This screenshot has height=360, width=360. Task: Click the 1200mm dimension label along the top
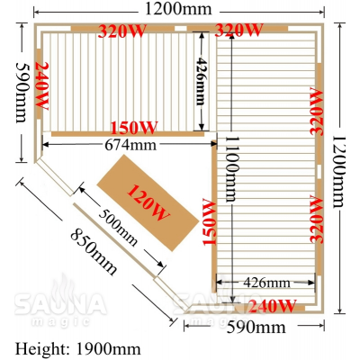[178, 9]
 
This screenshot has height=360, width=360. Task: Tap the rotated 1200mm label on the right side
[339, 172]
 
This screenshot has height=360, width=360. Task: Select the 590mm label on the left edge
[22, 92]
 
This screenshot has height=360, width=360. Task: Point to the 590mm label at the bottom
[256, 328]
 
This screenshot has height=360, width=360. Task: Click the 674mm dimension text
[130, 145]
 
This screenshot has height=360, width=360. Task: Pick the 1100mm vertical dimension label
[232, 169]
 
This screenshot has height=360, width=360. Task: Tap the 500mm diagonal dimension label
[118, 227]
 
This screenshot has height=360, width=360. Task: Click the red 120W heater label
[148, 202]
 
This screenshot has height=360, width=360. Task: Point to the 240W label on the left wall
[42, 86]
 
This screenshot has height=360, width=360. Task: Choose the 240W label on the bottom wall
[273, 306]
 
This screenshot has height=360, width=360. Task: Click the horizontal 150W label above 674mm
[134, 128]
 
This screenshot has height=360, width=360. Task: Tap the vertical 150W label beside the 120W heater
[210, 221]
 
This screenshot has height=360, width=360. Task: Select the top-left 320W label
[122, 31]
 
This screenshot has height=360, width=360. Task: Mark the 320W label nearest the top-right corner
[239, 30]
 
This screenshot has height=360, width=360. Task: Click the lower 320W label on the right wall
[317, 219]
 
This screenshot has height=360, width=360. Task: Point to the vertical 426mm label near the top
[201, 81]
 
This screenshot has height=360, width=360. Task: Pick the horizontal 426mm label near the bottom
[266, 283]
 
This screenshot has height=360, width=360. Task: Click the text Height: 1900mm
[77, 349]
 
